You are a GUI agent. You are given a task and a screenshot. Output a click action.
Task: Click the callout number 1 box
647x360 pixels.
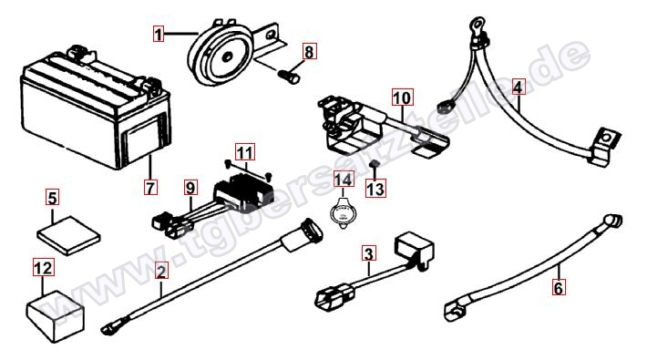(x=159, y=34)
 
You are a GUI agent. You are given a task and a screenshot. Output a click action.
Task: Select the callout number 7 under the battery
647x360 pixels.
(x=150, y=187)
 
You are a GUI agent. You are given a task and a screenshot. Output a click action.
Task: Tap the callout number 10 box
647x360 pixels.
(x=402, y=98)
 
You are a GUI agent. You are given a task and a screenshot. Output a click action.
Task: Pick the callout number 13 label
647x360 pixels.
(x=376, y=189)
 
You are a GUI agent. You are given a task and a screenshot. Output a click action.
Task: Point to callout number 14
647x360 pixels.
(x=343, y=180)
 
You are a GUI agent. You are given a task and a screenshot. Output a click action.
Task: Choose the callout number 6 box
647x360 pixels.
(x=558, y=287)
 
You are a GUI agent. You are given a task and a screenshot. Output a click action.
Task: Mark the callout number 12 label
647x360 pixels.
(x=44, y=268)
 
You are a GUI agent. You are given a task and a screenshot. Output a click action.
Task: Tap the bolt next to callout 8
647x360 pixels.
(x=288, y=77)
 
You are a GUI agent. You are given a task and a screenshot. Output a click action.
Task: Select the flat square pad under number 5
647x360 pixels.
(x=68, y=235)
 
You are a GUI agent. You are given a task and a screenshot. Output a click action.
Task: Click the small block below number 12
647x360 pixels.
(x=56, y=316)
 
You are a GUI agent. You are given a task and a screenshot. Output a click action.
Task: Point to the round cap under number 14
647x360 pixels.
(x=344, y=214)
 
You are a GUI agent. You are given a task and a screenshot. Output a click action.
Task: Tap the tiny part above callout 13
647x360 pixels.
(x=375, y=163)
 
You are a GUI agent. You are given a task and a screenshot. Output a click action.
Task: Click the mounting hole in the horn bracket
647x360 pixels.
(x=271, y=35)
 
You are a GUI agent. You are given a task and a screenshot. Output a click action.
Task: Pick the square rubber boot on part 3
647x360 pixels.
(x=414, y=249)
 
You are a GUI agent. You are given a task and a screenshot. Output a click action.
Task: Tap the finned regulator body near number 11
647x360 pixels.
(x=243, y=192)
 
